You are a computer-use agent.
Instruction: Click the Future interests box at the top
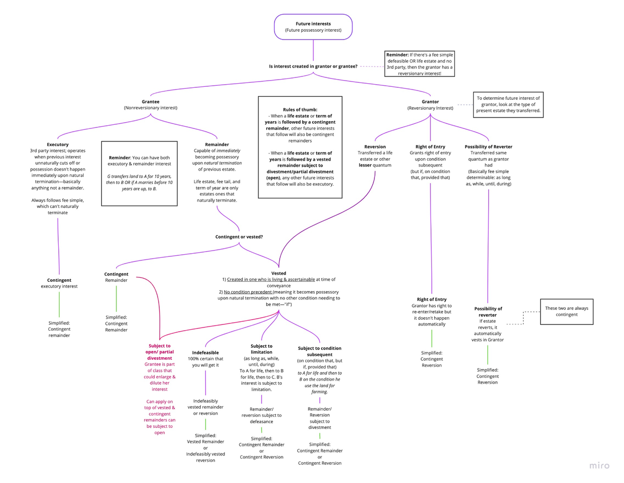[313, 27]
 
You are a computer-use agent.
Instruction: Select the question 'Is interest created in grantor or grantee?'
[313, 67]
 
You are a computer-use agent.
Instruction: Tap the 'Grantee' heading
[150, 102]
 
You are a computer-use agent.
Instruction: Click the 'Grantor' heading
[430, 102]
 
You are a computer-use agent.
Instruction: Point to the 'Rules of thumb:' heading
[300, 110]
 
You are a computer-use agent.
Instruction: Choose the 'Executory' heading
[58, 145]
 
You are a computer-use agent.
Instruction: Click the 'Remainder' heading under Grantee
[217, 145]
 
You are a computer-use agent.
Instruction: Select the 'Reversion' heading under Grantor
[375, 147]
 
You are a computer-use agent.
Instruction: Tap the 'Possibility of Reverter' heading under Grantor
[488, 147]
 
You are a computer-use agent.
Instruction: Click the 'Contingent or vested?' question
[239, 237]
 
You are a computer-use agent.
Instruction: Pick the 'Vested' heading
[279, 273]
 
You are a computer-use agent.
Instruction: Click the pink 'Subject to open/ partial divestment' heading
[160, 351]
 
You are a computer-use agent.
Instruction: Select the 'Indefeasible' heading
[205, 353]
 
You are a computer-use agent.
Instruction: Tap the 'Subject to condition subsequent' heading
[319, 351]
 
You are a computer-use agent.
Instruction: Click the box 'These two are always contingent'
[566, 311]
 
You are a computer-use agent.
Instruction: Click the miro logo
[599, 465]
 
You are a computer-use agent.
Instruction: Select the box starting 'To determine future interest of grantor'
[508, 105]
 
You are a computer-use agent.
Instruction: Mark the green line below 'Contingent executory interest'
[59, 304]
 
